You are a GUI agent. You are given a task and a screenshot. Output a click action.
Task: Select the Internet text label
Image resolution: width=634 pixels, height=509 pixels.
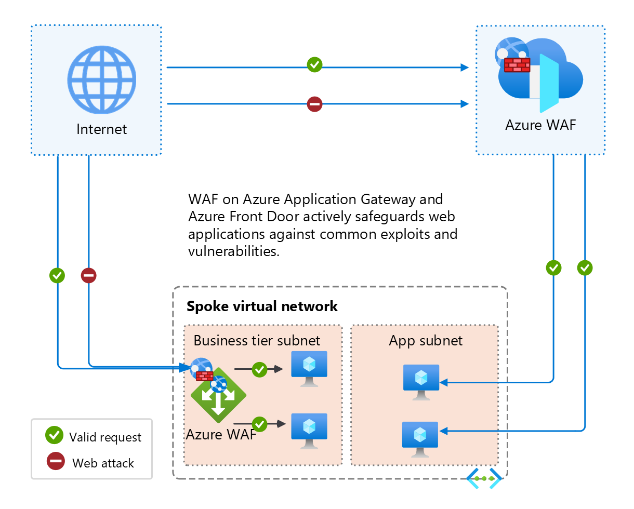coord(101,129)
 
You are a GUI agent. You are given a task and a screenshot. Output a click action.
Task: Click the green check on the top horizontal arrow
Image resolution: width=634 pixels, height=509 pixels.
coord(314,65)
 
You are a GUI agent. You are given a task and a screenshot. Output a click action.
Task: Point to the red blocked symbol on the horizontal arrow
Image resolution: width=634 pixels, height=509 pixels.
coord(314,104)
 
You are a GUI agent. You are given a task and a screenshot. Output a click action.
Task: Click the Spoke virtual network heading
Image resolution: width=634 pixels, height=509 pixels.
coord(262,306)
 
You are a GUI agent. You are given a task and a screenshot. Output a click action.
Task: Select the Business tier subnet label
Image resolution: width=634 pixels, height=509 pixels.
coord(257,340)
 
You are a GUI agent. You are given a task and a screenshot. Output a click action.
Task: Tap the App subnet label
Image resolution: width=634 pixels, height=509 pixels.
coord(426,340)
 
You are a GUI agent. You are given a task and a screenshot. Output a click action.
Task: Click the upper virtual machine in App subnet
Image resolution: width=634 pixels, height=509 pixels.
coord(421,381)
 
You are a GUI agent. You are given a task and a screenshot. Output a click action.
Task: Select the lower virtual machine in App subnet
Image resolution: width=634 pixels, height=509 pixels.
coord(420,438)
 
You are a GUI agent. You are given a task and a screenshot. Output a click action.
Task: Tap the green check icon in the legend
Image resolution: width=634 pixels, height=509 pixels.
coord(55,436)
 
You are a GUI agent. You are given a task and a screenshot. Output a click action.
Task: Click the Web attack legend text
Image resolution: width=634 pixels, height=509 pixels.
coord(103,463)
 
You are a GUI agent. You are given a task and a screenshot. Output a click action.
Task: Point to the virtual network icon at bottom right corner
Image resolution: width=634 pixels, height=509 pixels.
coord(484,478)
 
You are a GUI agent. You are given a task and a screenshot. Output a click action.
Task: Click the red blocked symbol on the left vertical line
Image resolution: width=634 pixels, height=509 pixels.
coord(89,275)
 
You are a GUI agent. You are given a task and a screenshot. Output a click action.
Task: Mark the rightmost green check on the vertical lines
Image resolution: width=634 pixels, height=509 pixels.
coord(585,268)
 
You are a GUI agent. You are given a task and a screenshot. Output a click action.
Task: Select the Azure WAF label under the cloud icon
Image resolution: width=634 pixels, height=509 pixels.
coord(540,125)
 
